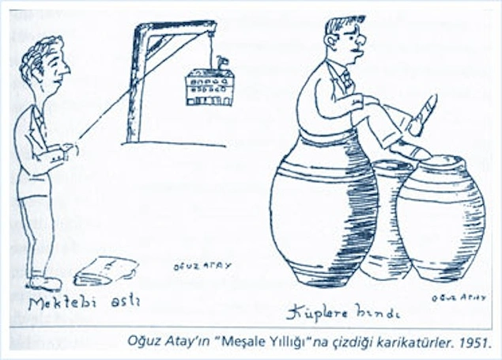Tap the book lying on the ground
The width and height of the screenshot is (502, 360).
pyautogui.click(x=105, y=271)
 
